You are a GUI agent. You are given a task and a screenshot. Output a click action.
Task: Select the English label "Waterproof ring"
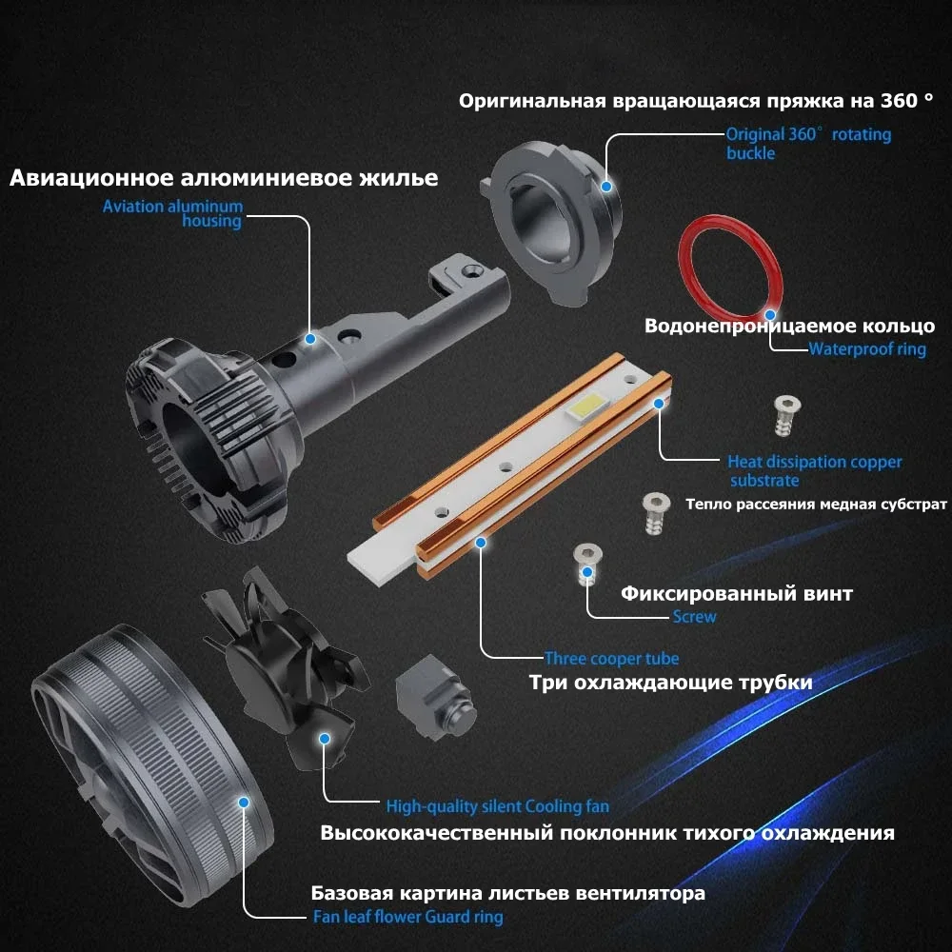867,349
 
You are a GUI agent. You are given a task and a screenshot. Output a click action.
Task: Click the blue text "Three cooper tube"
611,658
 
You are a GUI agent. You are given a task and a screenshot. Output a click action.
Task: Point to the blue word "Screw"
694,616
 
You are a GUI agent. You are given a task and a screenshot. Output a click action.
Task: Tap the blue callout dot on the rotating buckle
605,187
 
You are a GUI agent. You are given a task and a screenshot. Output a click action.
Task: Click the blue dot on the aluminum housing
310,339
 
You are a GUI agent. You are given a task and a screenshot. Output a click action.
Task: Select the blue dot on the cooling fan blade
325,739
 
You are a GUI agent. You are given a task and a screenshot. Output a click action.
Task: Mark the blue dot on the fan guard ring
244,802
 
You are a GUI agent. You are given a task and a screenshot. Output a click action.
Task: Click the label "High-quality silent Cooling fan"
497,806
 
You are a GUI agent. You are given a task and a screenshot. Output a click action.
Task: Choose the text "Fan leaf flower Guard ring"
408,916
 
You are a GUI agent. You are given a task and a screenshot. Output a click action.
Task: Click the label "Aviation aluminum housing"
173,213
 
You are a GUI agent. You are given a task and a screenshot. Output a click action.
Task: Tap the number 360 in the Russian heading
900,101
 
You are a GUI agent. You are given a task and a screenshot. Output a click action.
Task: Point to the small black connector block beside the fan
435,698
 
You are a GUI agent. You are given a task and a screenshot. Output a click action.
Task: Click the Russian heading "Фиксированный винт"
737,593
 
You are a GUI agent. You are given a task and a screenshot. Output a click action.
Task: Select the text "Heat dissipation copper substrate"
815,471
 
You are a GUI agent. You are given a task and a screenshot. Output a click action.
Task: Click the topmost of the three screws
787,416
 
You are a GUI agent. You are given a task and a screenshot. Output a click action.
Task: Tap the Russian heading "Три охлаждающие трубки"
671,683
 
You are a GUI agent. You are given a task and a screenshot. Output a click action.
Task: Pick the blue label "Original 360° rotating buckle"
808,144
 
